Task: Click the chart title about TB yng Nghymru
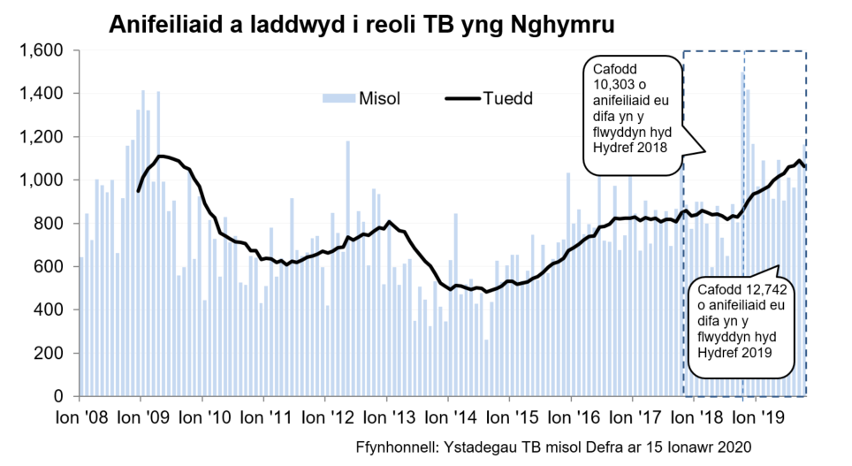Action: [x=361, y=25]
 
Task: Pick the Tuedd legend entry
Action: [x=507, y=98]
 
